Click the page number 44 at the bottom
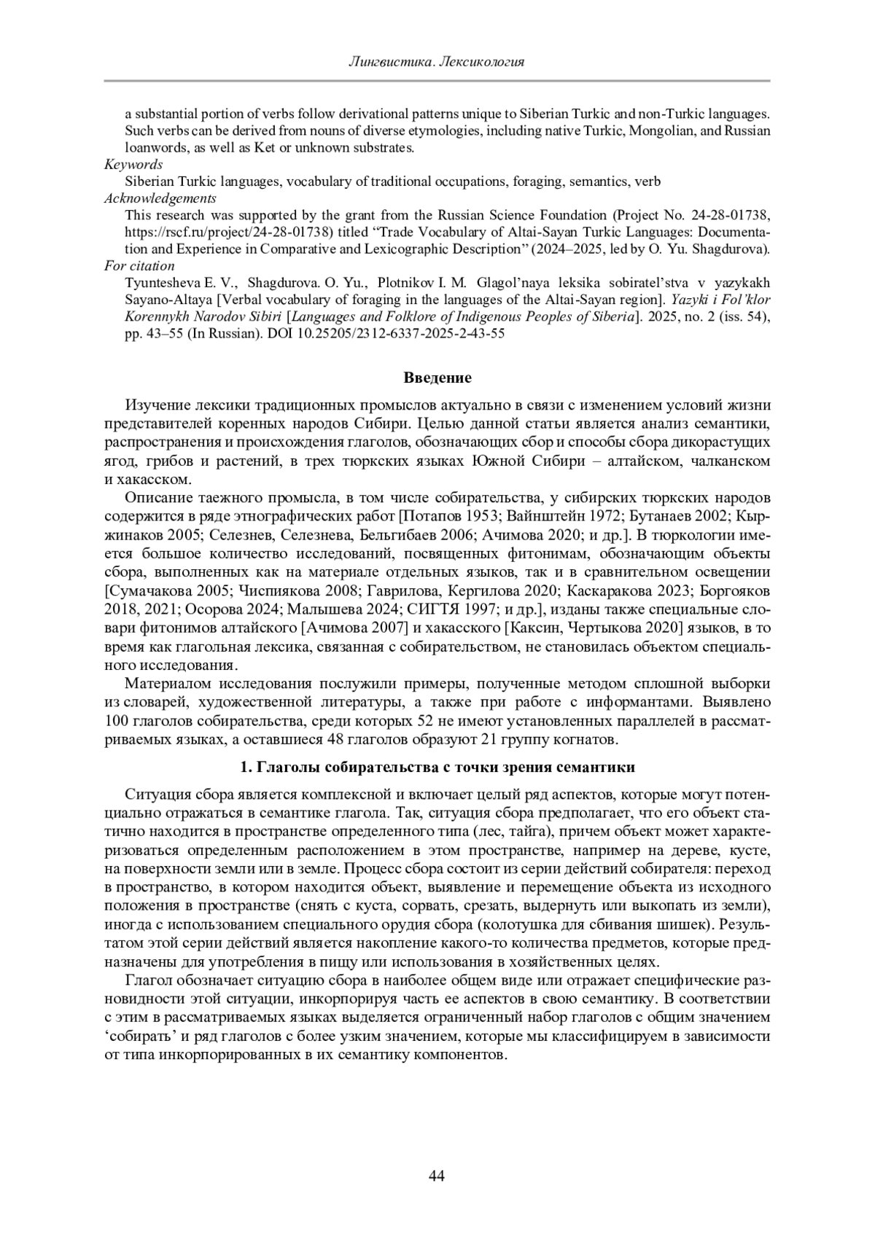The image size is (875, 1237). pos(437,1176)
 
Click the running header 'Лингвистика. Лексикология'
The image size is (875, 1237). pos(437,62)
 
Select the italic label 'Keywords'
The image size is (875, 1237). pos(133,165)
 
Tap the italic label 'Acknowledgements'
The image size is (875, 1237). pos(160,198)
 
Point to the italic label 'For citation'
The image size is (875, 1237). pos(139,265)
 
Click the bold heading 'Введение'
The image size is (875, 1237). pos(437,378)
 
